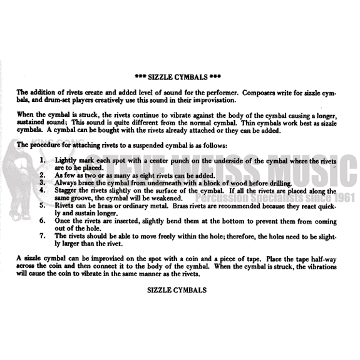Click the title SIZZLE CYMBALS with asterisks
pos(178,77)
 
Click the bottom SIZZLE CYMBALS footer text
pos(177,291)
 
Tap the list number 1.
pos(43,160)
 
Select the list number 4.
pos(43,190)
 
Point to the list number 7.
pos(43,235)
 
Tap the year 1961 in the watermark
pos(344,198)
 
